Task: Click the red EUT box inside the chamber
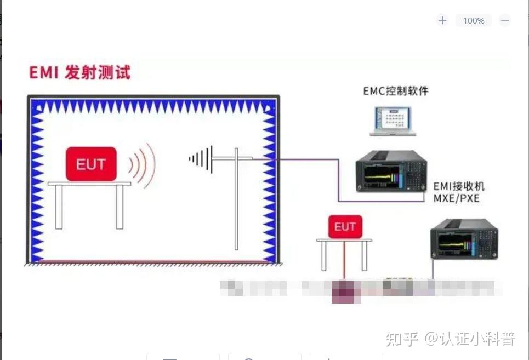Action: pyautogui.click(x=91, y=163)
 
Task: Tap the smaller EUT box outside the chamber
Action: pyautogui.click(x=345, y=226)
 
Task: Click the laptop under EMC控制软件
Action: pyautogui.click(x=392, y=121)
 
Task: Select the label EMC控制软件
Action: pyautogui.click(x=396, y=91)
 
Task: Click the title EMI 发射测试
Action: pyautogui.click(x=80, y=72)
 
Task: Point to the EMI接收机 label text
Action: pyautogui.click(x=459, y=186)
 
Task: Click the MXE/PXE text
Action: pyautogui.click(x=456, y=198)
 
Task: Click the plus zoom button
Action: pyautogui.click(x=442, y=21)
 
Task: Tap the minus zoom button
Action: pyautogui.click(x=505, y=21)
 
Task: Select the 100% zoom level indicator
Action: pyautogui.click(x=474, y=21)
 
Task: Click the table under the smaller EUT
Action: pyautogui.click(x=344, y=241)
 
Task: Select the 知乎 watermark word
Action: pyautogui.click(x=403, y=339)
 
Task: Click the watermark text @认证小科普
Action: pyautogui.click(x=470, y=339)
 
